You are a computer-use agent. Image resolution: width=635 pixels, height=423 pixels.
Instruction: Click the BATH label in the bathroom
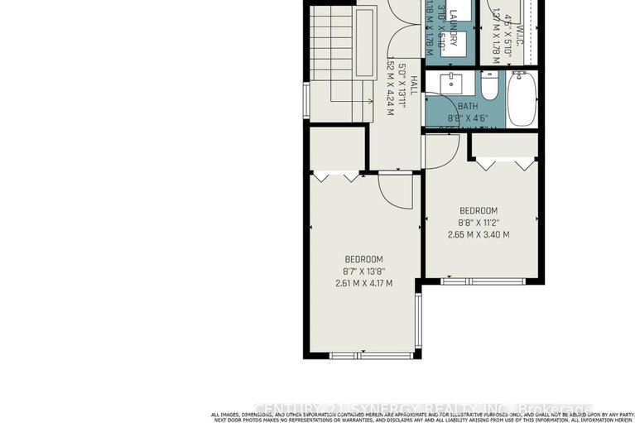(468, 106)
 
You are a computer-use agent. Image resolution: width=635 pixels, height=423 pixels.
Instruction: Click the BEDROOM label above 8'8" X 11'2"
(478, 210)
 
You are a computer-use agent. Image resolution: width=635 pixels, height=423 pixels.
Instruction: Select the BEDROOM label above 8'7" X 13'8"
(363, 259)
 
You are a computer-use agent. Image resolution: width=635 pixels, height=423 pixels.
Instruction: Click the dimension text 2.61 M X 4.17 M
(363, 283)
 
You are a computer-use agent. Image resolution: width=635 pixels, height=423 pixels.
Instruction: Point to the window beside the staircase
(305, 101)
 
